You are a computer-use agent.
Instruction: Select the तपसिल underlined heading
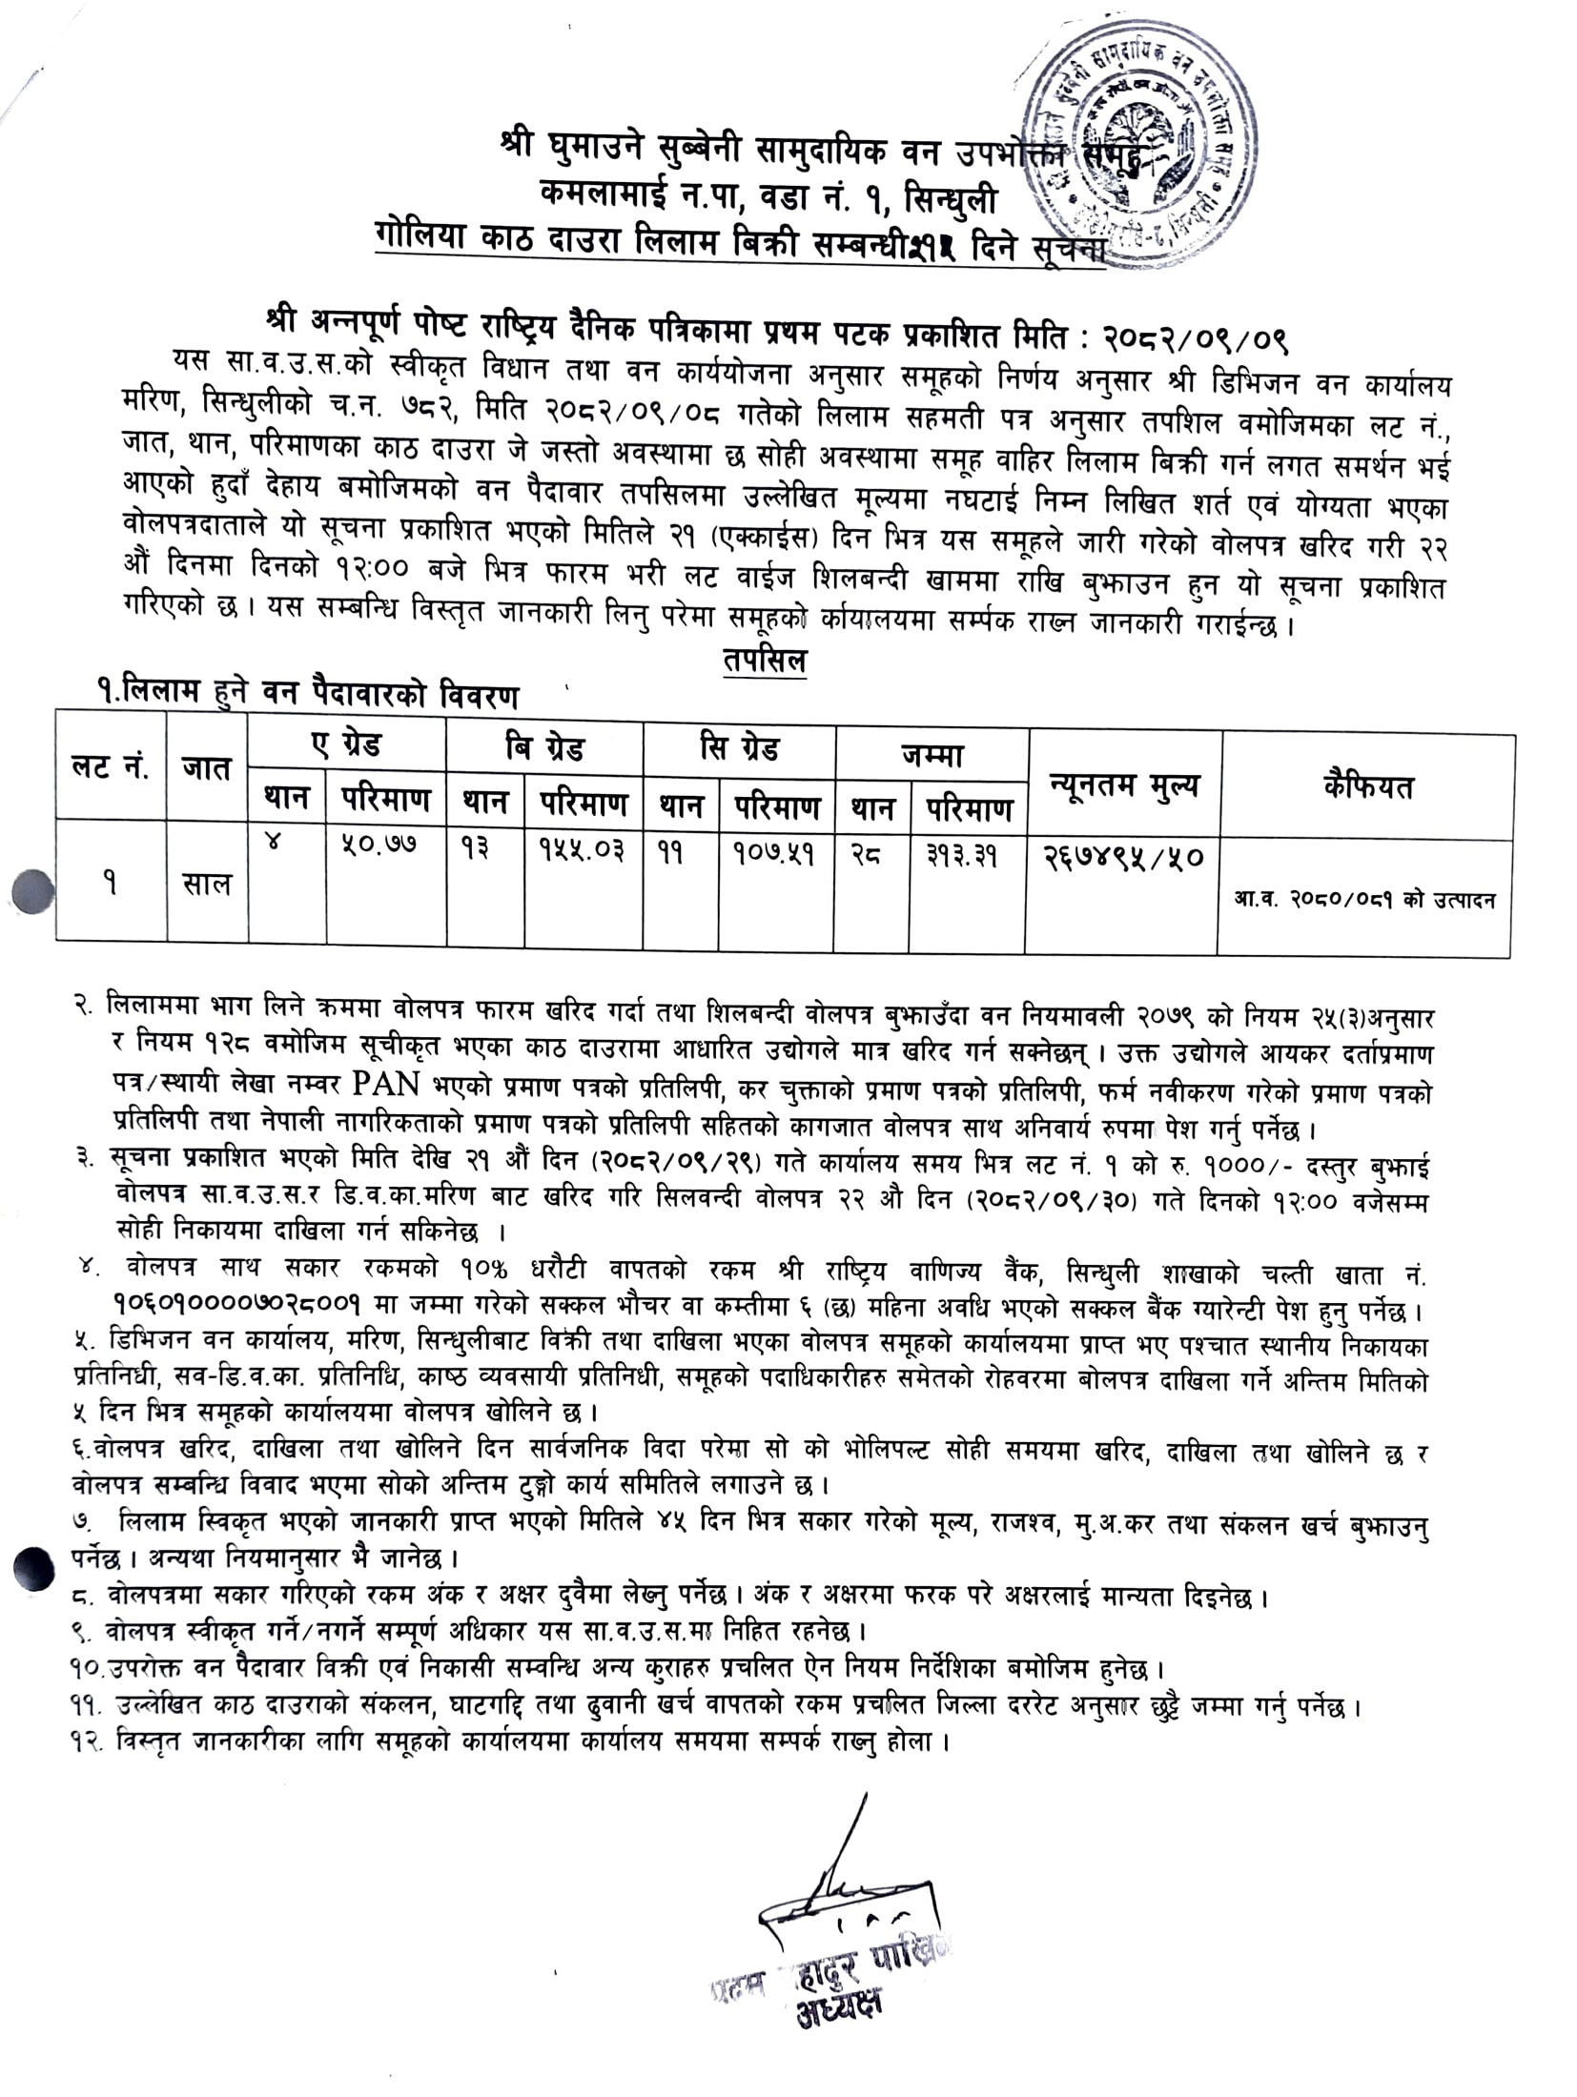764,661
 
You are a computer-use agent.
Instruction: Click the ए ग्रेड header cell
347,745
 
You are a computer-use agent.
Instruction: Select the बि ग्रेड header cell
544,747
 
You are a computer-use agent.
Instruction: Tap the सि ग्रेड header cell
739,749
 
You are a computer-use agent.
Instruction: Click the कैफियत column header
1367,787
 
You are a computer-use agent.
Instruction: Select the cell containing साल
207,884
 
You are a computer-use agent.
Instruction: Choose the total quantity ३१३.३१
961,855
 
